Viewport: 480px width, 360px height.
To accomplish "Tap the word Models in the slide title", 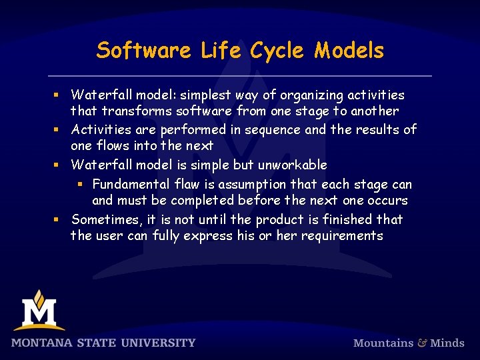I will pos(349,51).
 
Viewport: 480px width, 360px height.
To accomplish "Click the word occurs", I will pos(389,200).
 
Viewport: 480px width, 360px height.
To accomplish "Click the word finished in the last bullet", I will pos(349,219).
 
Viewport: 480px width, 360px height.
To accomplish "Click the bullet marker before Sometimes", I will pos(57,219).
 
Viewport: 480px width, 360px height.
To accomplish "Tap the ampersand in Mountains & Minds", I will pos(422,343).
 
